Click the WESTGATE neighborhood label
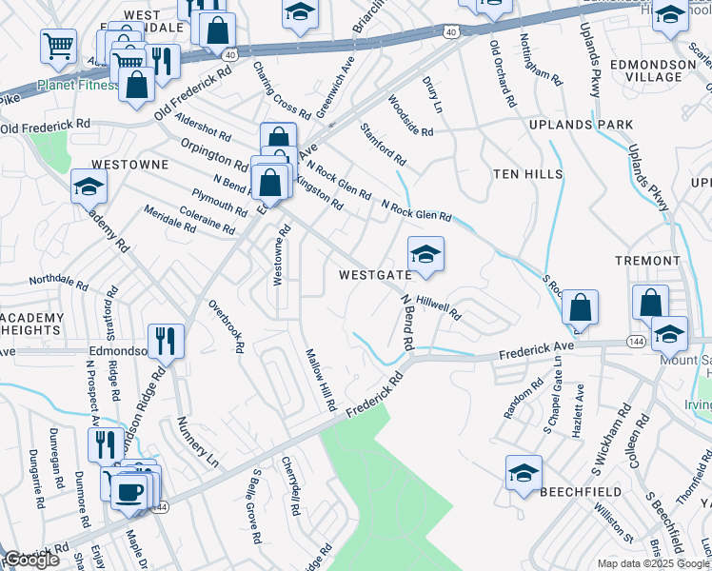point(374,274)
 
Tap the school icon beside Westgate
point(425,254)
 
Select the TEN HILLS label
point(523,174)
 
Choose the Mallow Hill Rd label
point(321,379)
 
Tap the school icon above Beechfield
point(524,473)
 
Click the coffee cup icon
point(128,492)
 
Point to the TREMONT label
point(647,260)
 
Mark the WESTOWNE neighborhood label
point(132,164)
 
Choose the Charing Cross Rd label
point(282,90)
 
